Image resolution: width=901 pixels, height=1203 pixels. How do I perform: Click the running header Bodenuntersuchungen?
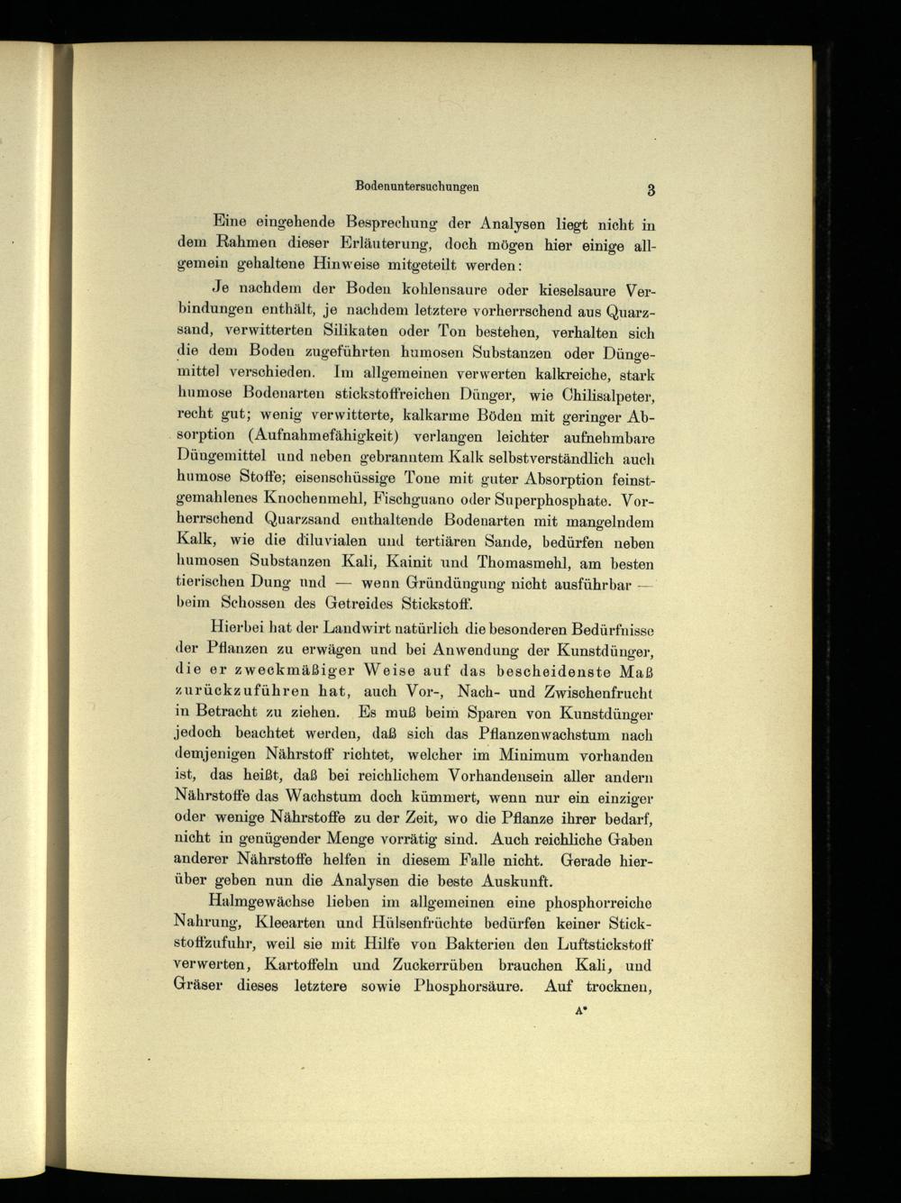point(416,186)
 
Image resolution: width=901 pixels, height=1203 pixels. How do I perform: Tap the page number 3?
point(650,189)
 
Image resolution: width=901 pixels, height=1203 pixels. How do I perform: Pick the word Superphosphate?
point(538,498)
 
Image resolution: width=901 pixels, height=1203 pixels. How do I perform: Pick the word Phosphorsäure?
point(469,986)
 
